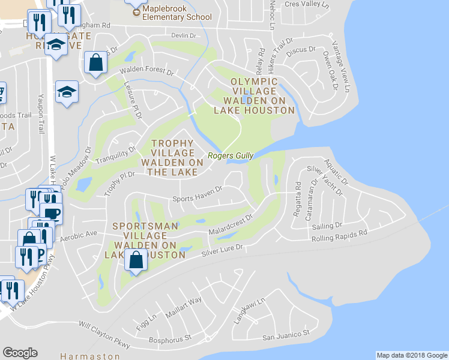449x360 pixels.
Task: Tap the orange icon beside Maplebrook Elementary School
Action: [136, 12]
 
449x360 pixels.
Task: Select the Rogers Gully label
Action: [231, 156]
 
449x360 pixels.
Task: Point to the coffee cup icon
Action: [51, 213]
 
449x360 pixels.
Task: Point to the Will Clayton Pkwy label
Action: [104, 335]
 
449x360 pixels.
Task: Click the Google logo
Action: [20, 353]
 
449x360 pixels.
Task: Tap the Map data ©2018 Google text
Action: [411, 355]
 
